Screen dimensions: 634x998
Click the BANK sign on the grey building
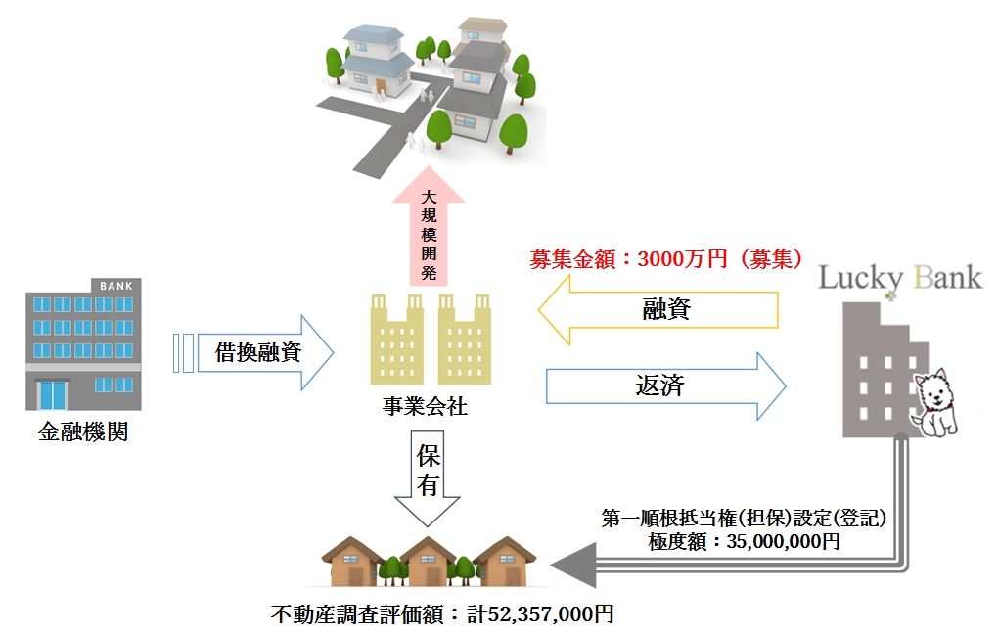[x=114, y=285]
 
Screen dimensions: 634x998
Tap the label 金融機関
[x=82, y=430]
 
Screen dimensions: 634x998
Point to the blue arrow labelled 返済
[x=665, y=385]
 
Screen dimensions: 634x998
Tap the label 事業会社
[x=425, y=407]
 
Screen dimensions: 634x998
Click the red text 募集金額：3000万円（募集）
[x=665, y=260]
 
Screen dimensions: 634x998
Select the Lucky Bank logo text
[x=899, y=278]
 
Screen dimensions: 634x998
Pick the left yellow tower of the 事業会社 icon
[x=397, y=338]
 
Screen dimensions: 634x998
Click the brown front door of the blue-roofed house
[x=380, y=86]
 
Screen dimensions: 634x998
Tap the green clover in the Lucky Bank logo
[x=889, y=293]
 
